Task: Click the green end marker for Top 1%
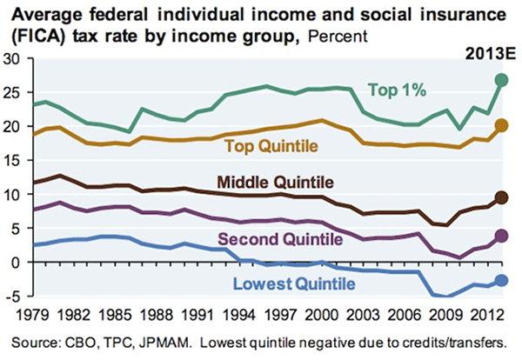pyautogui.click(x=501, y=80)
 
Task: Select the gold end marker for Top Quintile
pyautogui.click(x=501, y=125)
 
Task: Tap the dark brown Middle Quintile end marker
pyautogui.click(x=501, y=197)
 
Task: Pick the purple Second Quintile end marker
pyautogui.click(x=501, y=236)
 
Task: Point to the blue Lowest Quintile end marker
pyautogui.click(x=501, y=280)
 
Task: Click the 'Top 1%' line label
pyautogui.click(x=398, y=89)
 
